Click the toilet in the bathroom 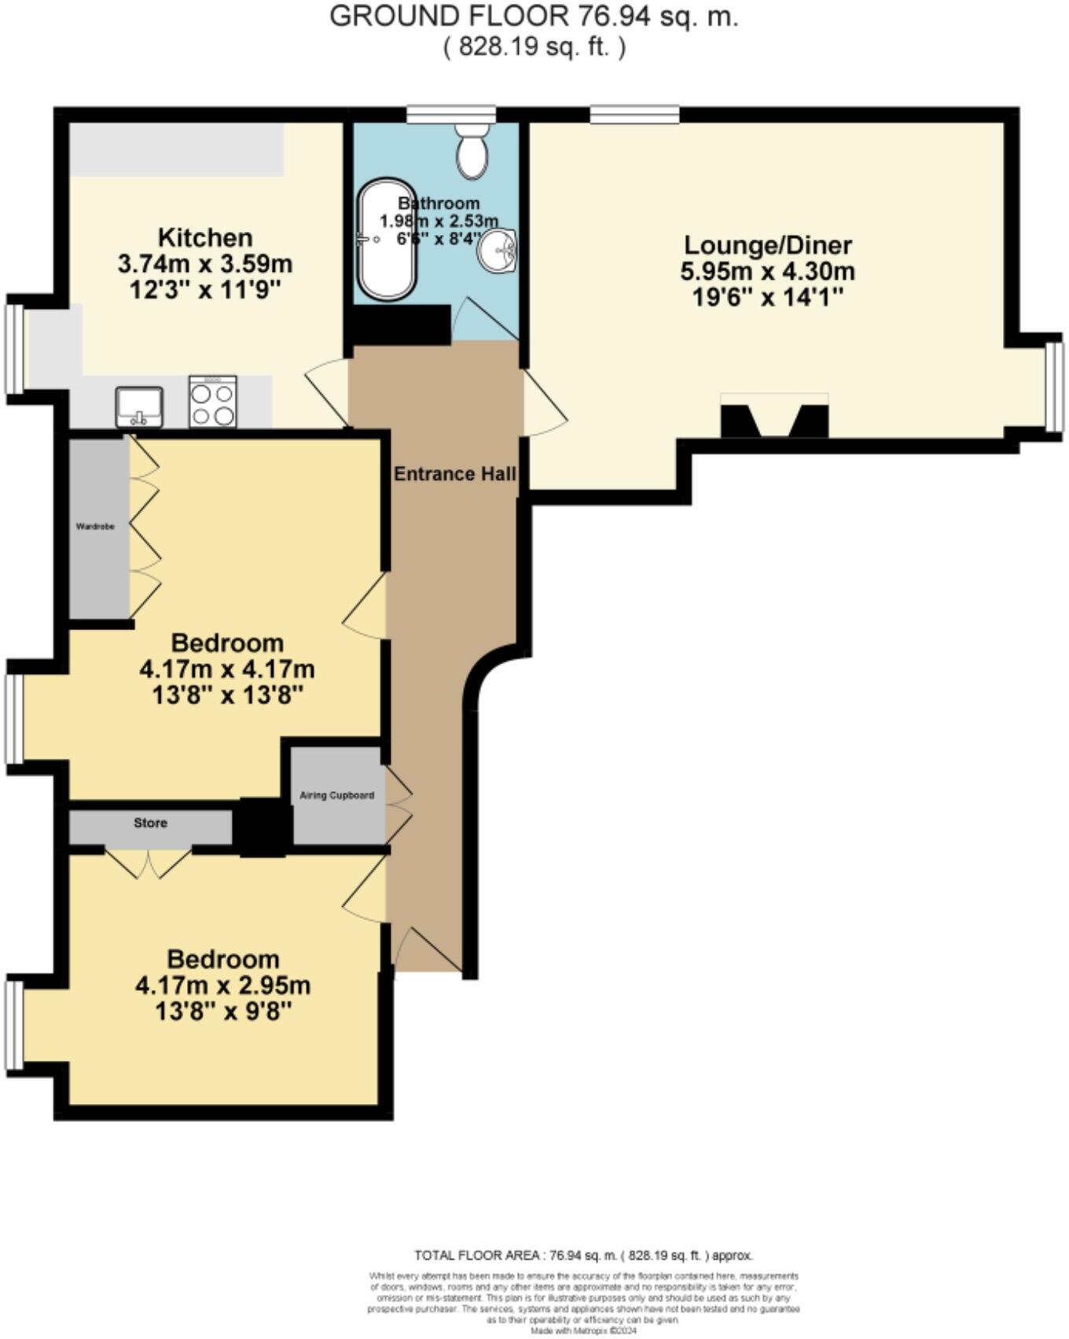coord(472,150)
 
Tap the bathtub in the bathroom coord(388,240)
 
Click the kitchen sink coord(139,407)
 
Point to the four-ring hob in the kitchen coord(212,402)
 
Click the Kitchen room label coord(205,237)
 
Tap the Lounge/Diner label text coord(767,245)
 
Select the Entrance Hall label coord(454,474)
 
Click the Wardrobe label coord(95,526)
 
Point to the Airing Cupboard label coord(337,795)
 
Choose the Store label coord(150,823)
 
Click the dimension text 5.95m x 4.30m coord(767,272)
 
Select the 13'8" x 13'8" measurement coord(227,695)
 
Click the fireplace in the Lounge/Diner coord(774,417)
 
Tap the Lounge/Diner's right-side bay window coord(1054,387)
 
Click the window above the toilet coord(451,115)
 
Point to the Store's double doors coord(149,861)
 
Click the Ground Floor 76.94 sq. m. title coord(534,16)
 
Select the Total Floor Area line coord(583,1255)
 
